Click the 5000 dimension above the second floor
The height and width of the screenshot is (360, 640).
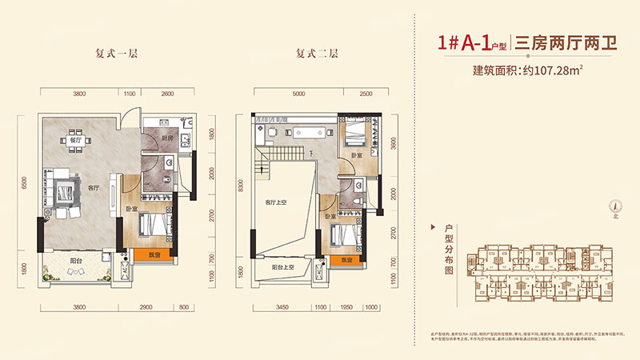pos(298,94)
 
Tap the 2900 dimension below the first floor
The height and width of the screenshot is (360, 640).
pos(144,306)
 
